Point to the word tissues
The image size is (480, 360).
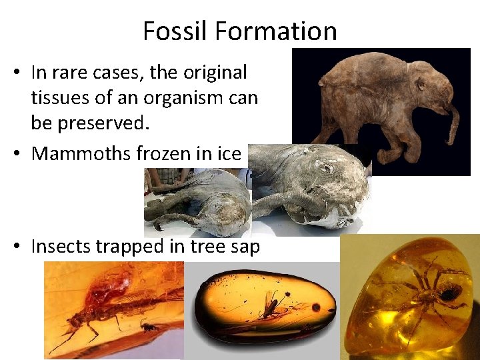click(x=62, y=98)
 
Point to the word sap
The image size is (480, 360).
click(x=243, y=247)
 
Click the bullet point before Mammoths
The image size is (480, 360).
click(x=19, y=154)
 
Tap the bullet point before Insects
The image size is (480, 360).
click(x=19, y=247)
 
